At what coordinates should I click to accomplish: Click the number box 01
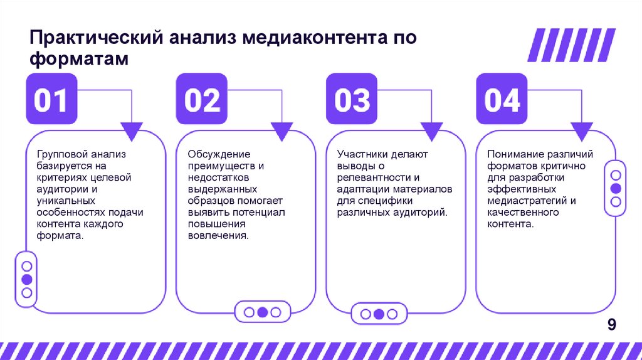pos(51,99)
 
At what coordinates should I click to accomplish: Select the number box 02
pos(202,99)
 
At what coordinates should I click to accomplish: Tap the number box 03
pos(352,99)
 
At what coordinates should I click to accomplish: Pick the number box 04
pos(502,99)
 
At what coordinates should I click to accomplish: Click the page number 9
pos(612,324)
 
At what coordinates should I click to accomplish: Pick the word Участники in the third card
pos(362,154)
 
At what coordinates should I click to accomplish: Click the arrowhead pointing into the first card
pos(131,131)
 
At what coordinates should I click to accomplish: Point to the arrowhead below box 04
pos(582,131)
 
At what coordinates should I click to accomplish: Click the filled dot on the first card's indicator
pos(26,280)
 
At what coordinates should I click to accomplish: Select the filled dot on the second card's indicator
pos(263,312)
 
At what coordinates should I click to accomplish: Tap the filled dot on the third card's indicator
pos(378,314)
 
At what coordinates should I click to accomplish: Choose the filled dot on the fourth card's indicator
pos(616,188)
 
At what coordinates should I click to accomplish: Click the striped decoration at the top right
pos(571,46)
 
